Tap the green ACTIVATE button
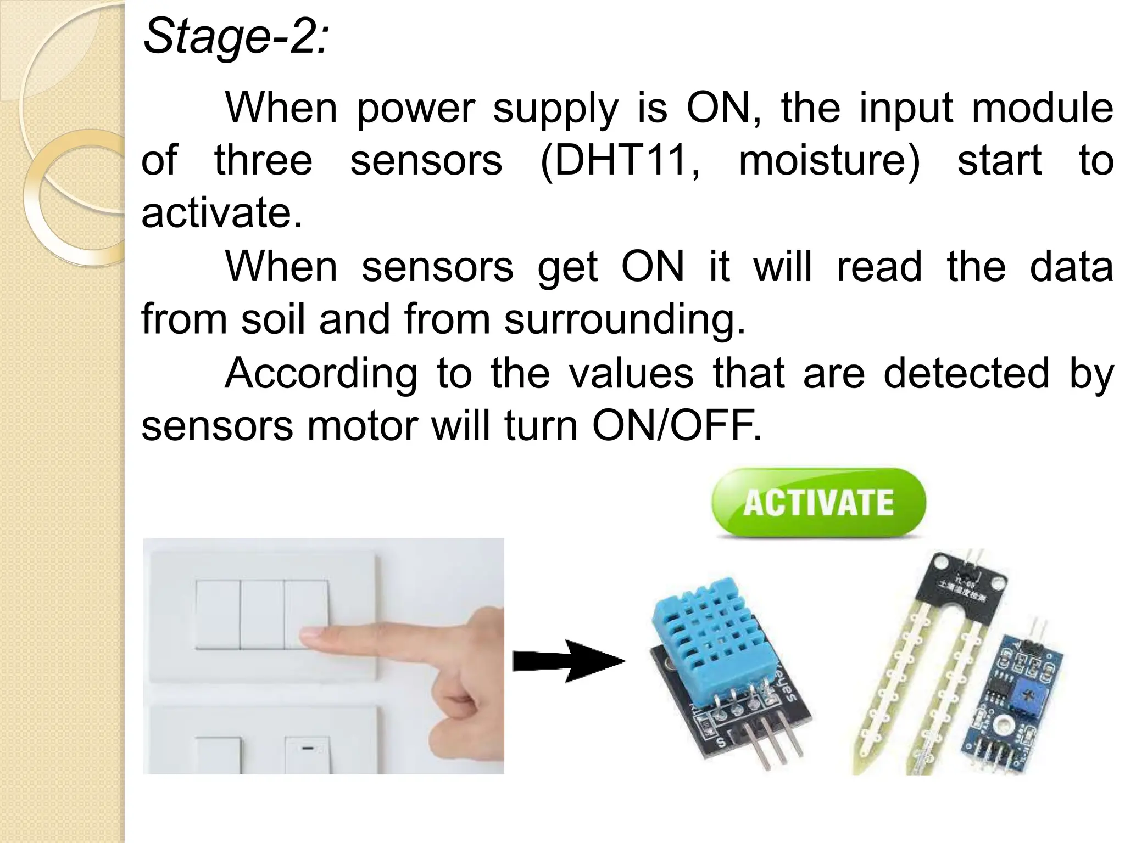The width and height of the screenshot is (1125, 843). point(818,502)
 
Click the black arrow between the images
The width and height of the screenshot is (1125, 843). point(569,661)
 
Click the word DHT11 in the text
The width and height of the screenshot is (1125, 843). point(620,160)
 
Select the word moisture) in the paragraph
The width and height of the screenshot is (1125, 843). point(829,160)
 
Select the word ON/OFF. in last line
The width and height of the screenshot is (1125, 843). point(677,426)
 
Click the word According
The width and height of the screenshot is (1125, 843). point(321,373)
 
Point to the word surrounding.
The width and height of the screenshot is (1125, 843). point(625,319)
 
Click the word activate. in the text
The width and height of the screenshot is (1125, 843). point(222,213)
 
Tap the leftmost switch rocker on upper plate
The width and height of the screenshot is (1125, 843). point(218,615)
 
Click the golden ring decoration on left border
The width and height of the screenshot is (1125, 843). point(77,198)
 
